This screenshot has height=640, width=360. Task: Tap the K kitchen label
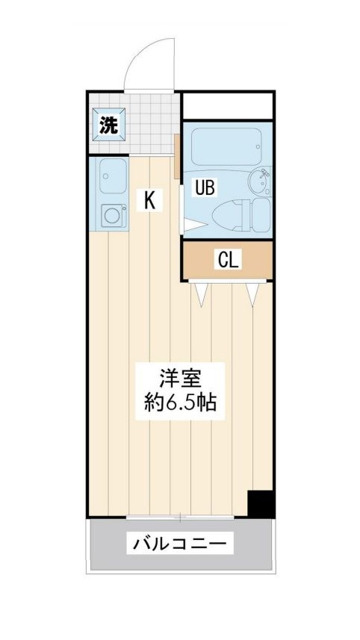(149, 199)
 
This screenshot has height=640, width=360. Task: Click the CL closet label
(229, 259)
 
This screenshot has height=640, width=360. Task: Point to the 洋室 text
(180, 378)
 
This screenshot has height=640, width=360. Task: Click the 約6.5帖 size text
(180, 404)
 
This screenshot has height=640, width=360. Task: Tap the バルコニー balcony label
(179, 543)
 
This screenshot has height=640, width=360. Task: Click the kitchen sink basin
(113, 176)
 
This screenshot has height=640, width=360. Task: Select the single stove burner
(112, 215)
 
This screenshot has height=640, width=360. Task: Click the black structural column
(261, 503)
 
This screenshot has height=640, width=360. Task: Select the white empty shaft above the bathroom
(227, 106)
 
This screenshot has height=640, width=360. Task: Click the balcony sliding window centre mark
(180, 517)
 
